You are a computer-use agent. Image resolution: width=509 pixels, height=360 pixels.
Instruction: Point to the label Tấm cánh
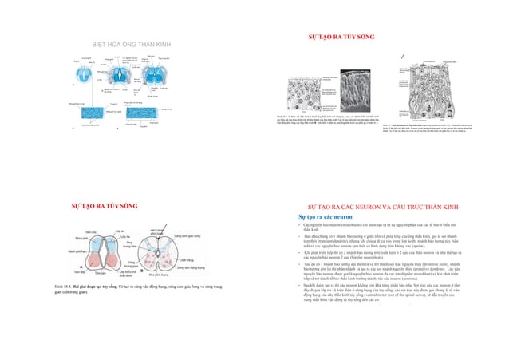tap(81, 239)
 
